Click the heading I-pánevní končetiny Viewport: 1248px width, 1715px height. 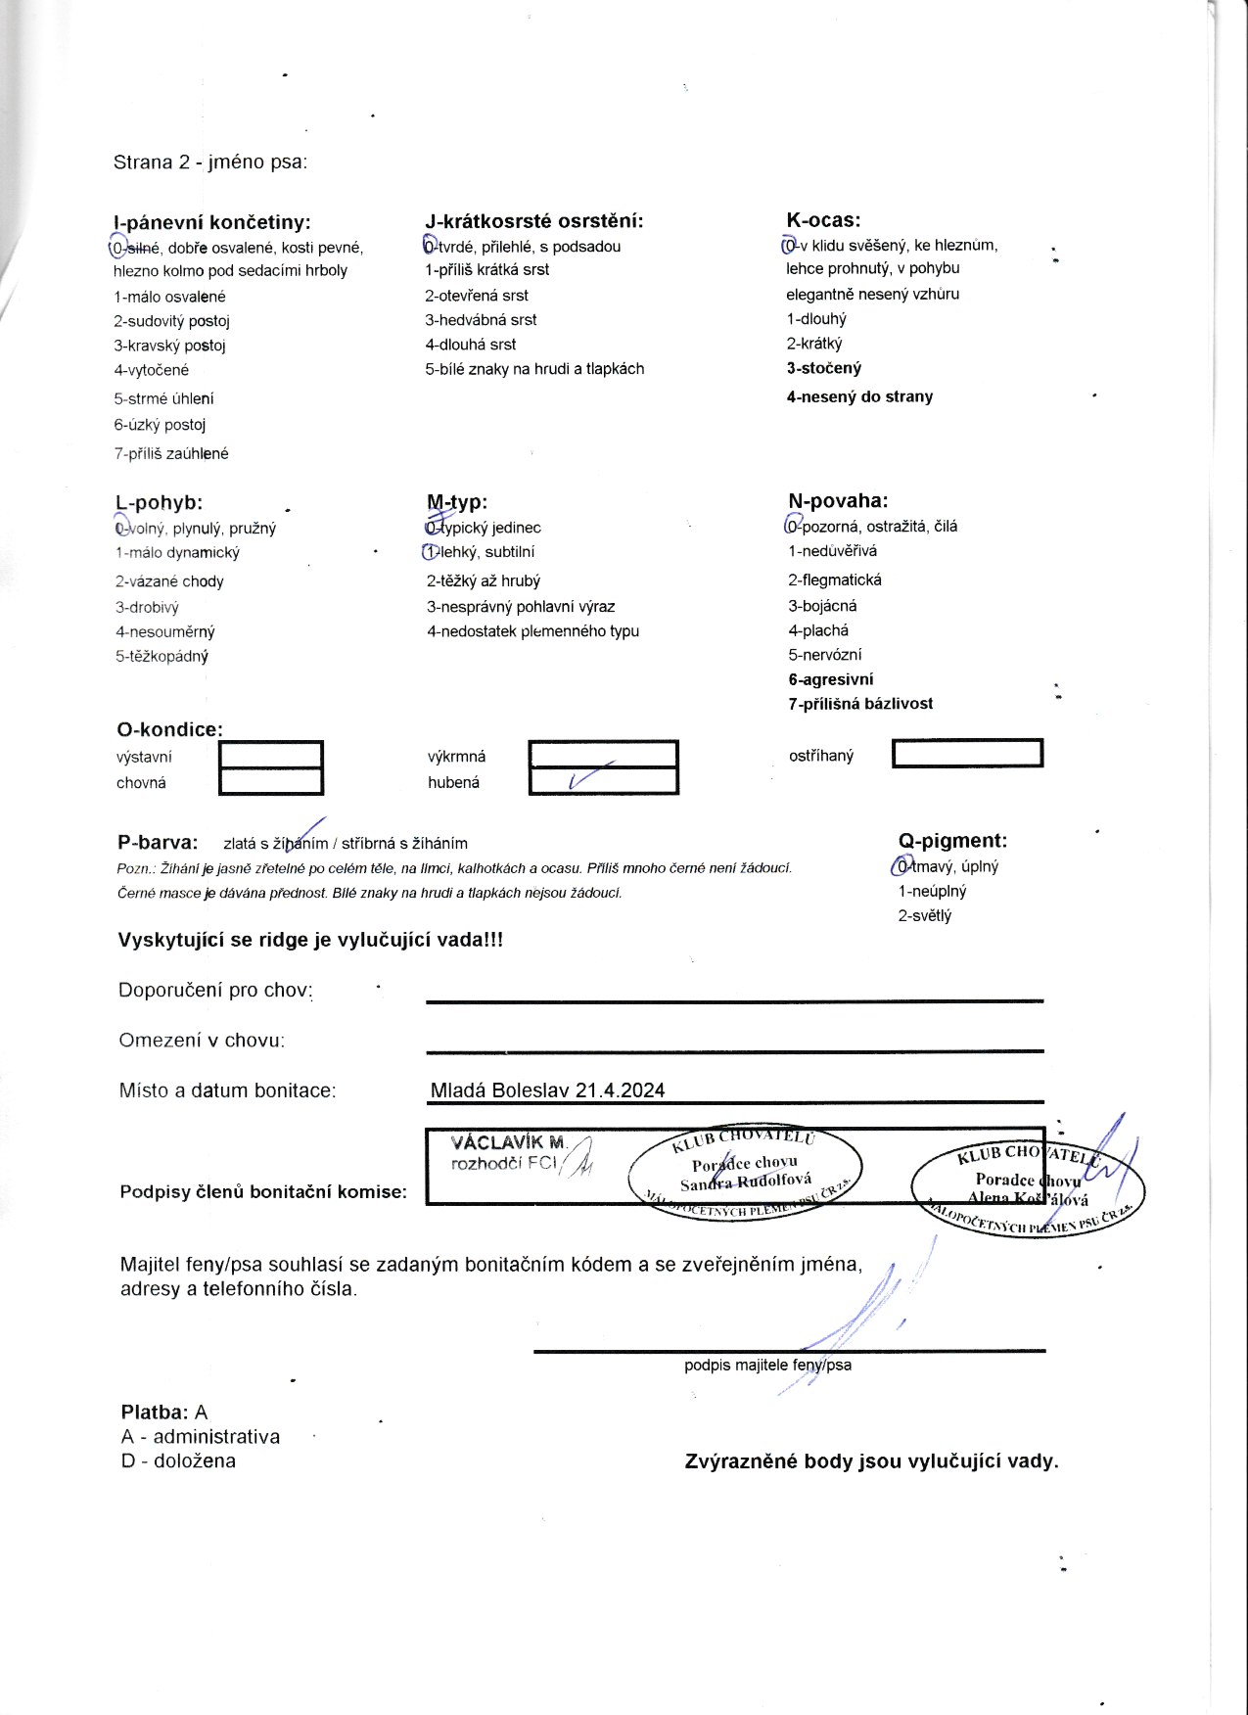(211, 222)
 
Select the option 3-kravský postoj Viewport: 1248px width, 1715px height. (169, 346)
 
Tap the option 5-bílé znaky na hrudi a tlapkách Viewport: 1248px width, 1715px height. (534, 369)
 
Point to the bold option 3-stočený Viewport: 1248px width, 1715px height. (823, 368)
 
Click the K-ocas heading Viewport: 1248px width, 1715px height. (823, 220)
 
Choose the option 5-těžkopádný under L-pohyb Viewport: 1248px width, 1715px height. (162, 657)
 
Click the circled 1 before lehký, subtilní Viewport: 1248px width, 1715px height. (430, 552)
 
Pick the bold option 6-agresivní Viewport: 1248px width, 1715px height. (830, 679)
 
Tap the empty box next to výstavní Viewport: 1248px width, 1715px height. (270, 755)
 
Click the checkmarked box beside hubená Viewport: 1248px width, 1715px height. (603, 780)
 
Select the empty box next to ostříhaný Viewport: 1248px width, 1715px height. (967, 754)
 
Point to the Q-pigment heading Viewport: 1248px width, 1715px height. (952, 840)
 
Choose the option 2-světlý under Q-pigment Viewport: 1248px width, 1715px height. (924, 916)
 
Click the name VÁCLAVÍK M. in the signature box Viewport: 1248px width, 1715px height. (509, 1142)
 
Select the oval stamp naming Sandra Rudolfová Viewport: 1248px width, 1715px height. (746, 1172)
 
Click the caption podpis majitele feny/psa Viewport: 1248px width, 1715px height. (767, 1365)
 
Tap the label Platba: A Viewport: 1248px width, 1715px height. (164, 1412)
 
